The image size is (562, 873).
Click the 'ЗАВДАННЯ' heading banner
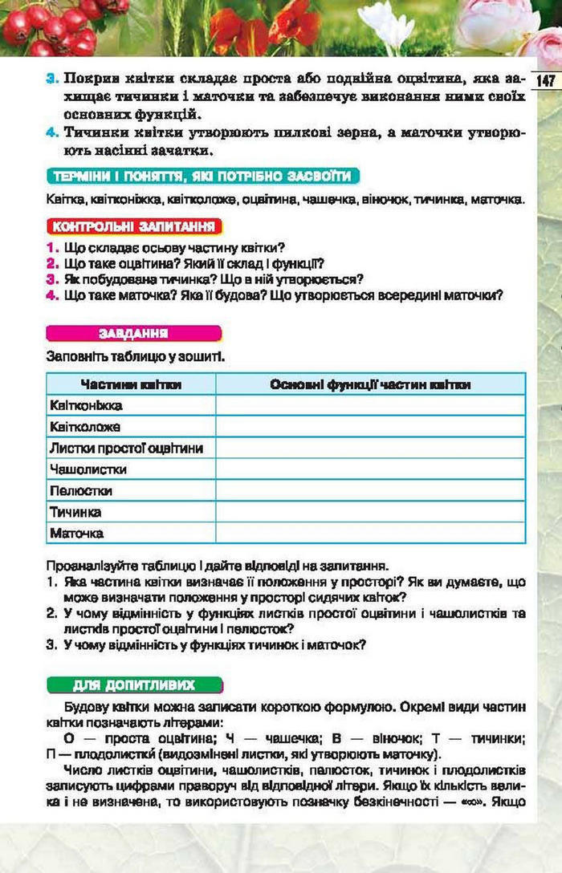(x=132, y=333)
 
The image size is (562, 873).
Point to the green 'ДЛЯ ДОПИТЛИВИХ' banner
(x=133, y=684)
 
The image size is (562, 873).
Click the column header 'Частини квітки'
(x=131, y=384)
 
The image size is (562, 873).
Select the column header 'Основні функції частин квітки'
(x=370, y=384)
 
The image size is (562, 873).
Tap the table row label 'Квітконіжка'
(x=86, y=406)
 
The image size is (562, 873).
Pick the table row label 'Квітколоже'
(x=85, y=427)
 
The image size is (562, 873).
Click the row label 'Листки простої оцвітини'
(x=125, y=448)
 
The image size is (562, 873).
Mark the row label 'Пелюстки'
(x=80, y=490)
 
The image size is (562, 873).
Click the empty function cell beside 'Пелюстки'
(x=370, y=490)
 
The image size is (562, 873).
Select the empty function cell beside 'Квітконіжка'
(x=370, y=406)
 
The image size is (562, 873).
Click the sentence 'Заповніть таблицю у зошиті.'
(x=134, y=354)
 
